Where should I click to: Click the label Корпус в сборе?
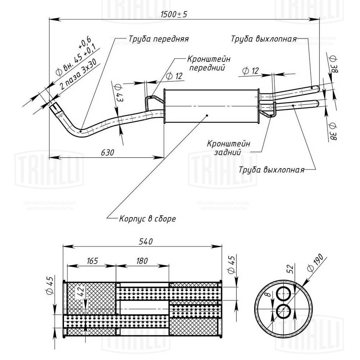[x=147, y=219]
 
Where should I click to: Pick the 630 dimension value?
[x=107, y=152]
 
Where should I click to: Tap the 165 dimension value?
[x=92, y=261]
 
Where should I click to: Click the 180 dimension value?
[x=143, y=261]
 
